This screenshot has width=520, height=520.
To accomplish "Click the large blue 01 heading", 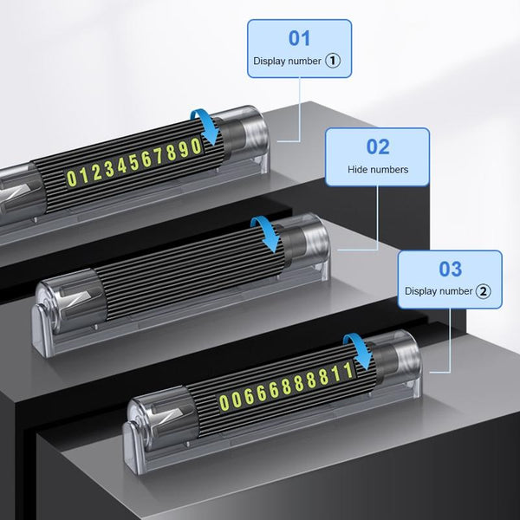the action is pos(299,38).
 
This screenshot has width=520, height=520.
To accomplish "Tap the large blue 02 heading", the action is pos(378,146).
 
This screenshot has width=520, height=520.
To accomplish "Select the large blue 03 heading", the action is pos(450,269).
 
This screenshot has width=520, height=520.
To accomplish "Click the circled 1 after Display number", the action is pos(333,61).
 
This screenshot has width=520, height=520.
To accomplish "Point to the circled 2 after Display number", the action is pos(484,291).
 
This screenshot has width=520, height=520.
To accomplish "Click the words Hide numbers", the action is pos(378,170).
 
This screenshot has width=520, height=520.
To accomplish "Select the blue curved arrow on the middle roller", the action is pos(267,233).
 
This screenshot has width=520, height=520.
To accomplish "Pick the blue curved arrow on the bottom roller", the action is pos(360,350).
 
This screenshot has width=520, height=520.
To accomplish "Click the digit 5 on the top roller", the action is pos(134,163).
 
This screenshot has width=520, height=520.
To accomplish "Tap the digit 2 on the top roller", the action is pos(97,172).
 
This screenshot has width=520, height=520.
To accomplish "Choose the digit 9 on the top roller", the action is pos(184,149).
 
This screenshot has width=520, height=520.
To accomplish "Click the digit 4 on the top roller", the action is pos(121,166).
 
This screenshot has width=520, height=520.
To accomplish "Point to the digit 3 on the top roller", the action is pos(109,169).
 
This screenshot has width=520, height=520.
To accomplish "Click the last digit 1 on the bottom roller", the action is pos(348,370).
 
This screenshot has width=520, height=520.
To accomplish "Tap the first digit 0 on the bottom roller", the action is pos(224,402).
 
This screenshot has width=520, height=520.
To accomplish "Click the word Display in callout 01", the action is pos(270,61).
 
